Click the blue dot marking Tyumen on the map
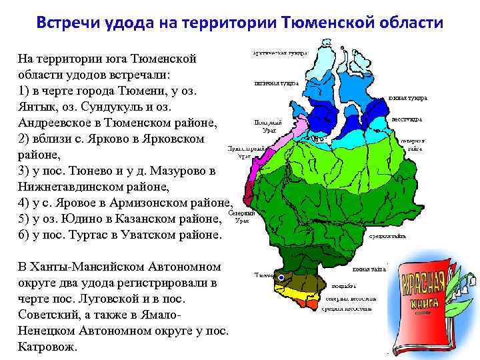tap(281, 277)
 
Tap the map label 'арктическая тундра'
tap(280, 52)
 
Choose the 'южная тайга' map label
tap(371, 269)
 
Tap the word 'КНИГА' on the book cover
tap(427, 301)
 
